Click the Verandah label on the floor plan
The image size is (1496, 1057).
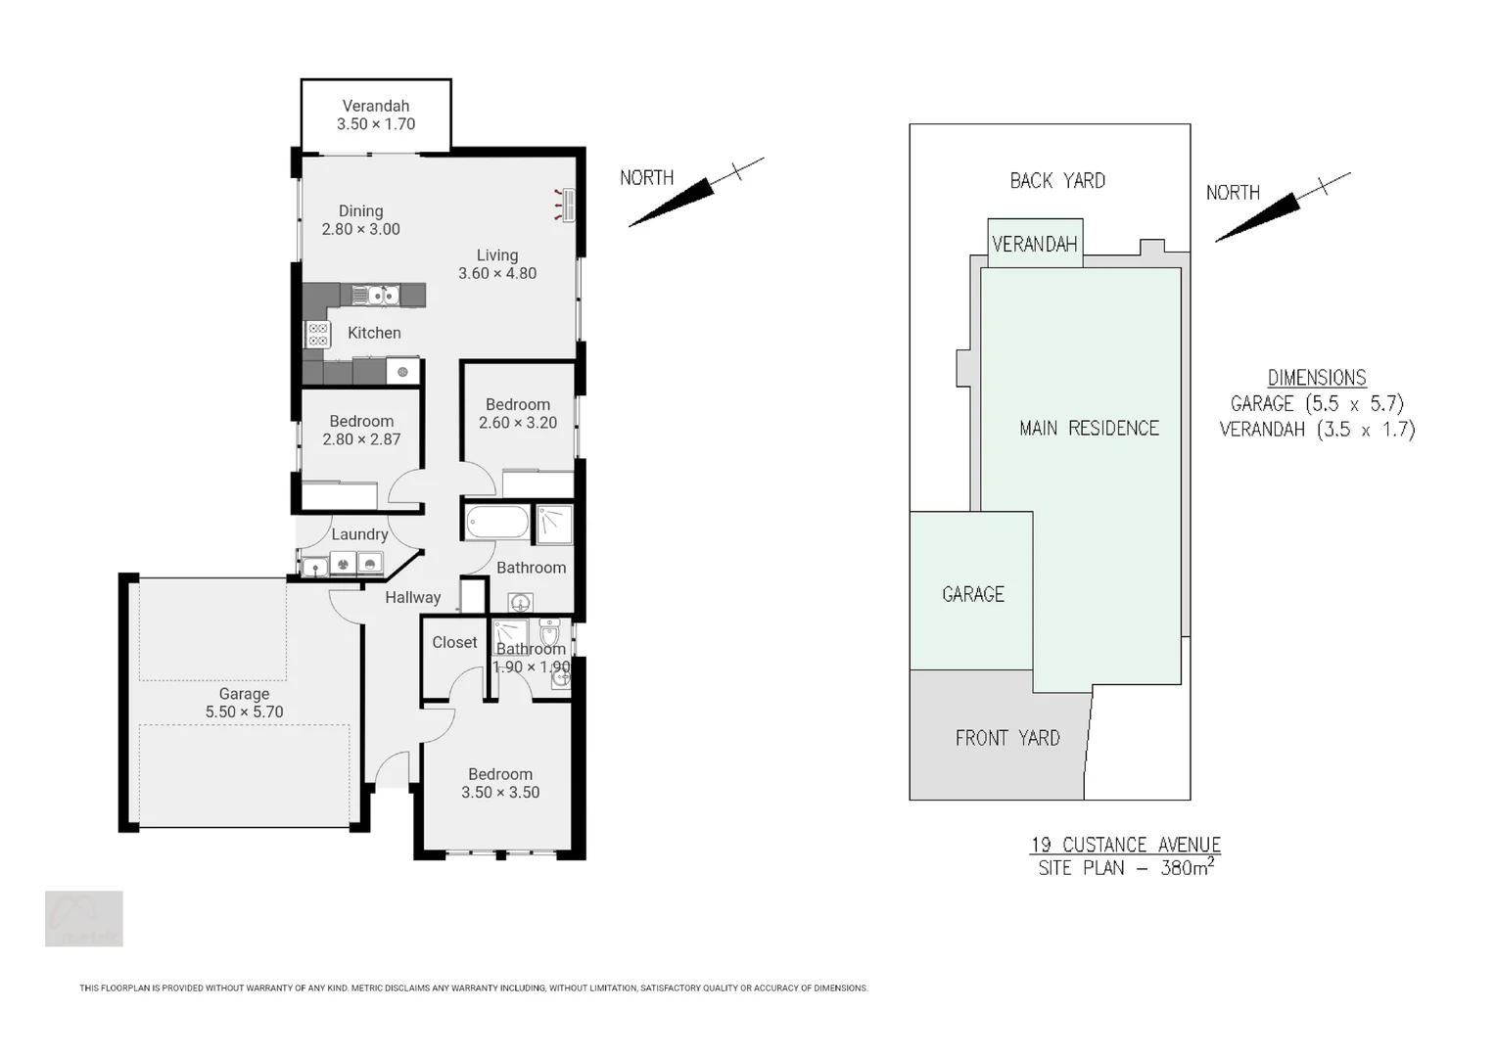376,107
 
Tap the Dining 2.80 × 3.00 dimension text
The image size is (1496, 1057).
361,229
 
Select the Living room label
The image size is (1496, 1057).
497,255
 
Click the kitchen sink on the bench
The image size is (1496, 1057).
375,295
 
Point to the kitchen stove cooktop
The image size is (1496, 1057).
318,335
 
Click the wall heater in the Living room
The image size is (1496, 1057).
566,206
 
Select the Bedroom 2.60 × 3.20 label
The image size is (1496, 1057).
518,413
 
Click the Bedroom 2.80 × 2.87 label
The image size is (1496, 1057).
361,430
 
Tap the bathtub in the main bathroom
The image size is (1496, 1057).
497,522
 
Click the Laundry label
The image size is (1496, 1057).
359,534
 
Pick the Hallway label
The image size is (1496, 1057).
412,597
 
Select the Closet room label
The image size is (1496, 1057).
454,642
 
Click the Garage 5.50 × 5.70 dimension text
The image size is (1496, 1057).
244,712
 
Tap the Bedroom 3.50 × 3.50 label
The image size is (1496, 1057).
500,783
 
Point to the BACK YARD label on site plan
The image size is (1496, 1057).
1057,181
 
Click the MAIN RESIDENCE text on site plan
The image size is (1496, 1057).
1089,429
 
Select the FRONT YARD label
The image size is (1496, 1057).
1007,738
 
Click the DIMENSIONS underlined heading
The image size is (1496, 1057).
1317,378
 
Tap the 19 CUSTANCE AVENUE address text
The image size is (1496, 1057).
1125,845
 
